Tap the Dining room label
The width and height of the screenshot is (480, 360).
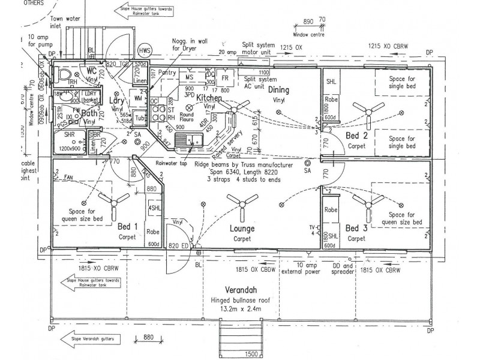(x=278, y=90)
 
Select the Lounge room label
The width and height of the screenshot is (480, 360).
(x=242, y=229)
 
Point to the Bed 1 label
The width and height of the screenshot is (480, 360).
(x=128, y=227)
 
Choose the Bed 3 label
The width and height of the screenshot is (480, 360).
(x=356, y=228)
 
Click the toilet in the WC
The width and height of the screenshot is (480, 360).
(x=67, y=74)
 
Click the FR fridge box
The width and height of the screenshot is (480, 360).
(x=226, y=79)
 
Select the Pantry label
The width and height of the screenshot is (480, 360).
(x=168, y=73)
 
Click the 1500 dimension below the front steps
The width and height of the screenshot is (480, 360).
(x=251, y=355)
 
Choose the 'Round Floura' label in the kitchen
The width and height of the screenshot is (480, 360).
(x=186, y=117)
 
